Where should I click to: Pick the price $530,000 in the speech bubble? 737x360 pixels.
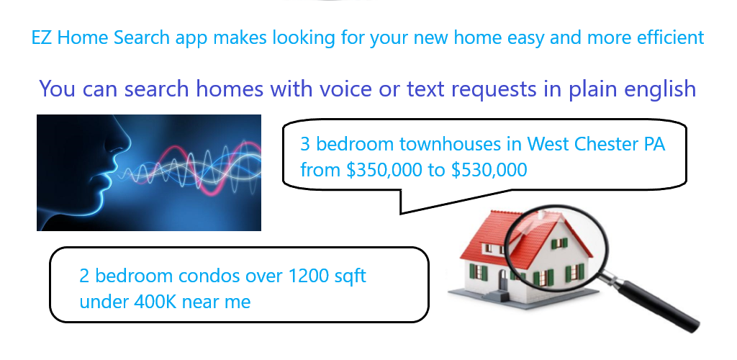click(x=489, y=170)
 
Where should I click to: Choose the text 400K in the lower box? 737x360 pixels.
click(x=155, y=302)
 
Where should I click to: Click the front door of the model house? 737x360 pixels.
click(x=504, y=280)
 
